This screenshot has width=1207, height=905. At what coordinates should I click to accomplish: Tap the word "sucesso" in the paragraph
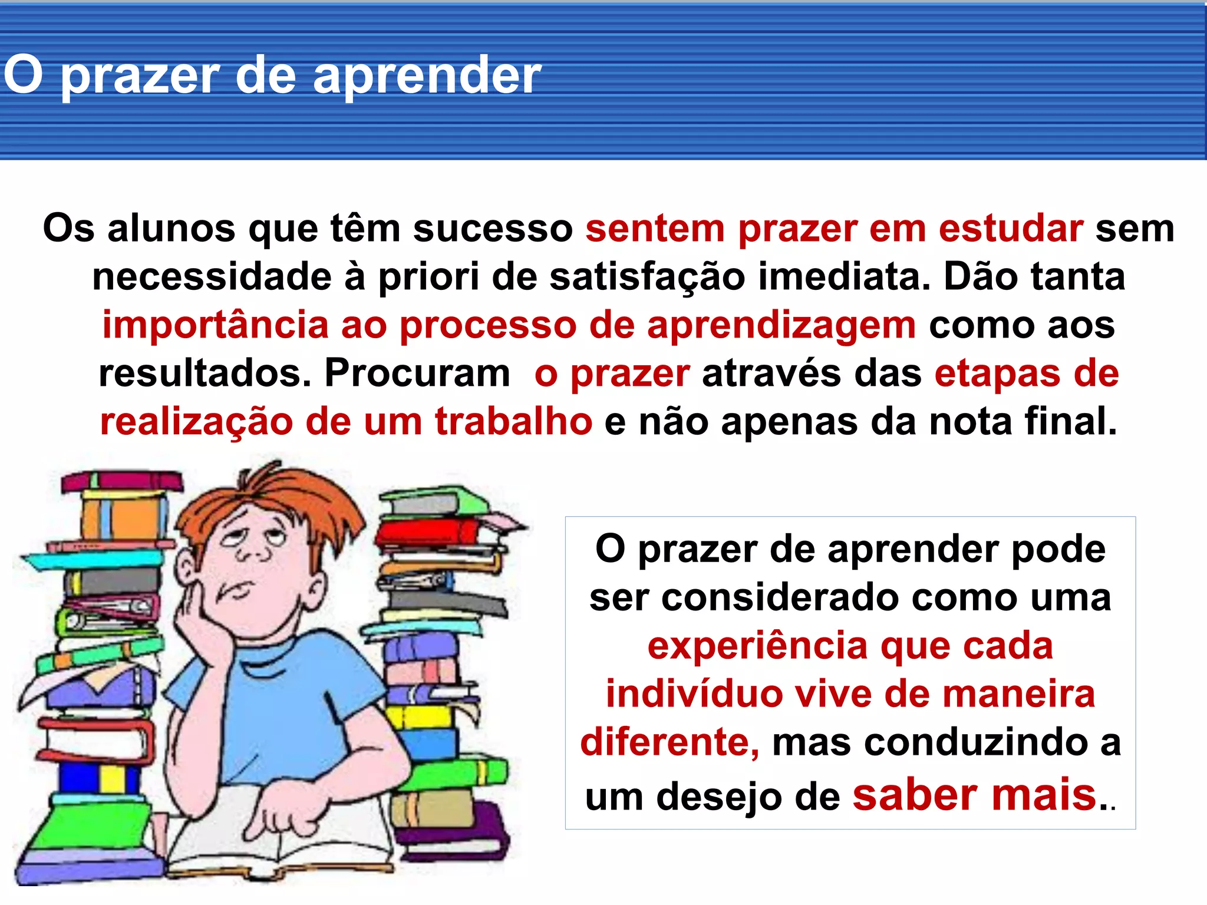coord(493,229)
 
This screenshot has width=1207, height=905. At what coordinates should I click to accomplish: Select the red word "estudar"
coord(1010,229)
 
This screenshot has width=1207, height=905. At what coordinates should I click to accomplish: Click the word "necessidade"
coord(212,277)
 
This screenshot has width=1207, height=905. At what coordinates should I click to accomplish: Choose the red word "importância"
coord(215,326)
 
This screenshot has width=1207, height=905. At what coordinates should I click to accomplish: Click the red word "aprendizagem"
coord(781,326)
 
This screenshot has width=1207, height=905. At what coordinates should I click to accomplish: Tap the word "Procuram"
coord(417,374)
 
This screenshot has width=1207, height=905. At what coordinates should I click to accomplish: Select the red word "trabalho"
coord(513,422)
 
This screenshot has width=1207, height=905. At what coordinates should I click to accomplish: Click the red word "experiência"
coord(757,646)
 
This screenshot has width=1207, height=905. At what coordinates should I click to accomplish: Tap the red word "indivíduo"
coord(694,695)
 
